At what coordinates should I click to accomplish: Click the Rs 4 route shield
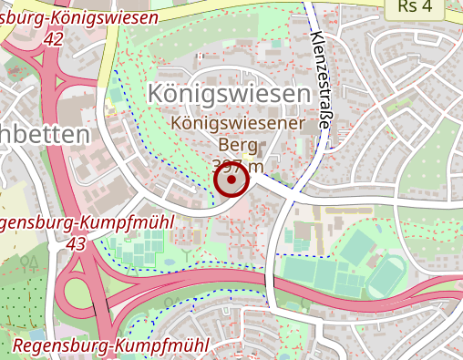tap(420, 8)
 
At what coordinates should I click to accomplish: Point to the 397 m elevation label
tap(237, 165)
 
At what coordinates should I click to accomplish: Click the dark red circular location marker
tap(231, 180)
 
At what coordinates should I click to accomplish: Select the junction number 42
tap(53, 39)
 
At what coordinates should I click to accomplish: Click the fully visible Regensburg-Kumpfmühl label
tap(111, 345)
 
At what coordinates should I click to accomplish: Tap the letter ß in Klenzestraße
tap(324, 117)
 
